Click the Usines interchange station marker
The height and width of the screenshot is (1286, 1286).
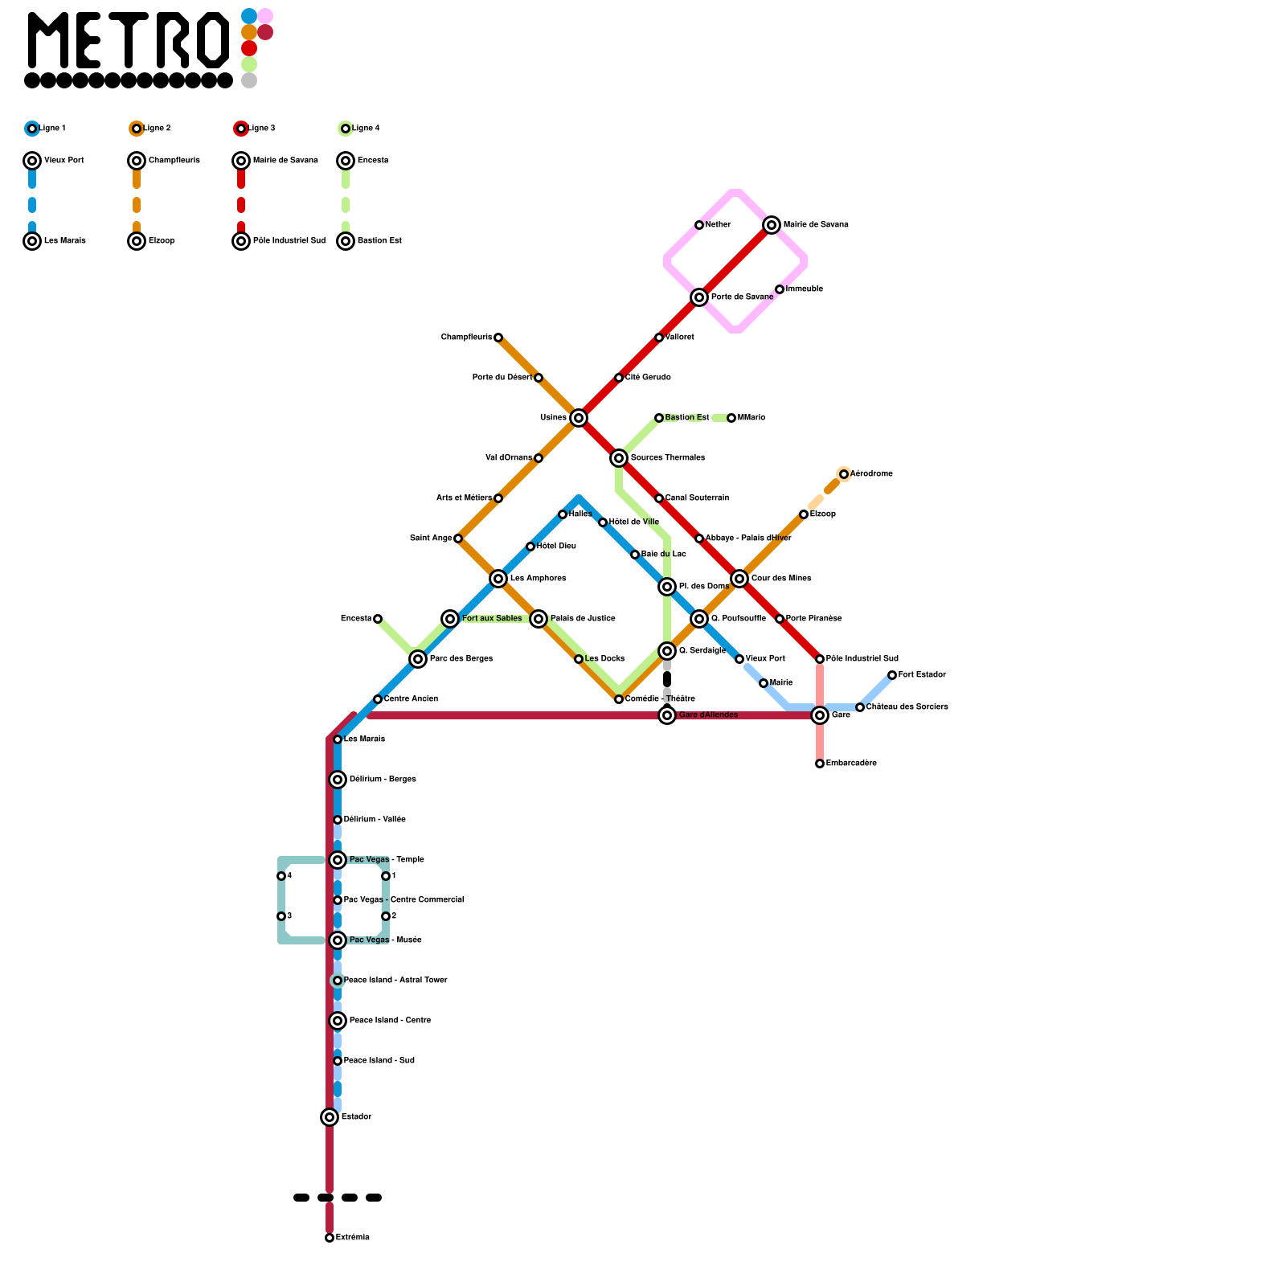(x=579, y=417)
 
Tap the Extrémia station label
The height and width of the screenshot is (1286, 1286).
(x=353, y=1237)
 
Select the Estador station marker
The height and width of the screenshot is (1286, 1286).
(x=330, y=1116)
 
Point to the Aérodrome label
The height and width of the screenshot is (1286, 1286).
(x=872, y=473)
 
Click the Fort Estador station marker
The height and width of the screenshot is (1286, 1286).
(x=892, y=675)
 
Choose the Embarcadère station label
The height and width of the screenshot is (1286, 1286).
(x=851, y=763)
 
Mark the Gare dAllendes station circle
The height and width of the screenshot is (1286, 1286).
(x=667, y=715)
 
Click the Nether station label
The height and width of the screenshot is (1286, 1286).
(x=719, y=224)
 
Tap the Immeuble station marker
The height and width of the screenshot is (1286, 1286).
(x=780, y=289)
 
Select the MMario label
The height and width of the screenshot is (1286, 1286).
(x=752, y=417)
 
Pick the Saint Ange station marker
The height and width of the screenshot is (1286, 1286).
(x=458, y=539)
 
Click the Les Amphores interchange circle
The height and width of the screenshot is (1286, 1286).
(x=498, y=579)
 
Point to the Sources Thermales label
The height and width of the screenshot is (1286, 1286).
(x=668, y=457)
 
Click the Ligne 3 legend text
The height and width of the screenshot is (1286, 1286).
(x=261, y=128)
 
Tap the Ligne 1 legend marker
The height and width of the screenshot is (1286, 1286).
(x=32, y=129)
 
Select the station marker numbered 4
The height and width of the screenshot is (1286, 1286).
(x=281, y=876)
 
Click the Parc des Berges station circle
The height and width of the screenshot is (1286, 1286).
(x=418, y=659)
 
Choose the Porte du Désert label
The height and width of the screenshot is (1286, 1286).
(x=502, y=377)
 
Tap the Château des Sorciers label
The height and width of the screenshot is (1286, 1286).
(x=907, y=706)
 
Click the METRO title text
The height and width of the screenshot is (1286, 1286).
(x=129, y=40)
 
